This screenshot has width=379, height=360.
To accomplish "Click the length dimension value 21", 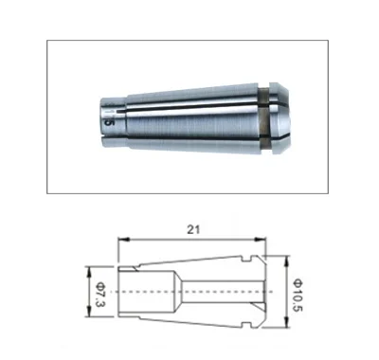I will point(192,227).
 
